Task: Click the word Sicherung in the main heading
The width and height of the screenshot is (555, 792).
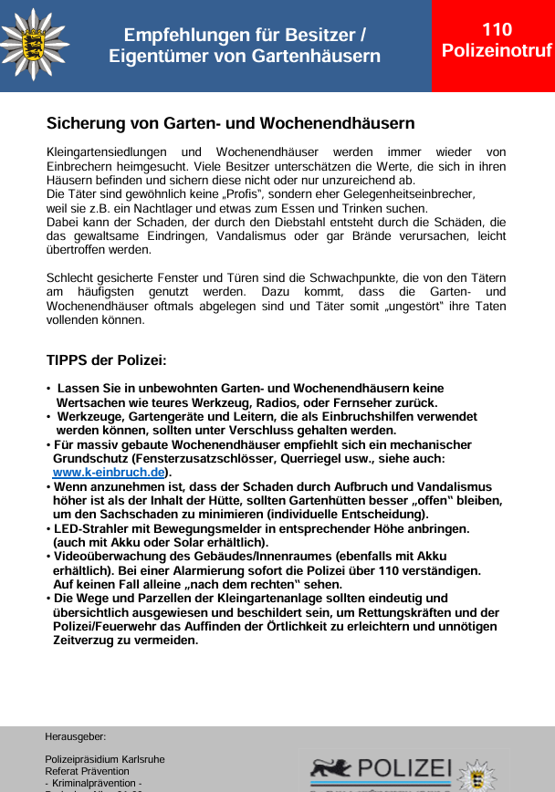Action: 83,122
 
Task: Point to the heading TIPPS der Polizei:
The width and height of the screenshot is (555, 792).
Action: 106,360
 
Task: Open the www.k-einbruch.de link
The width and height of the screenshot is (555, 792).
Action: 109,472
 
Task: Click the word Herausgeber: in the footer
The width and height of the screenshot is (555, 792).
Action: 76,735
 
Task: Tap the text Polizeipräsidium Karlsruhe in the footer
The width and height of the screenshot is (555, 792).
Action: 105,759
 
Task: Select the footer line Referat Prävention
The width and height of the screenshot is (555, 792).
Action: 87,771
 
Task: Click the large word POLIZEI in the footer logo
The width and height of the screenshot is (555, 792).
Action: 406,767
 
